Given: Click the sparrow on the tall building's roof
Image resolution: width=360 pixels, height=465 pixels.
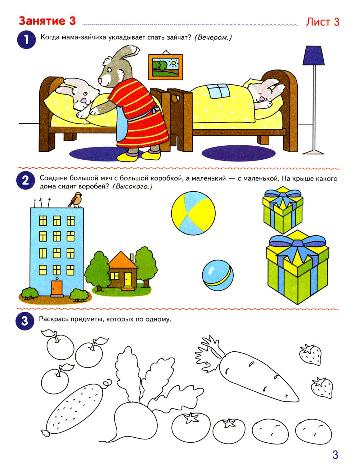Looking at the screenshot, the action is tap(75, 200).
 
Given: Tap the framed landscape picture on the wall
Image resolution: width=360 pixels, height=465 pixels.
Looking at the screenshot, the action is tap(166, 67).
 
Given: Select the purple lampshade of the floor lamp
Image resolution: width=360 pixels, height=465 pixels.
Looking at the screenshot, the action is tap(313, 55).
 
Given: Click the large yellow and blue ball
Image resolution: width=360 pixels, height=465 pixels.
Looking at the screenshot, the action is tap(193, 213).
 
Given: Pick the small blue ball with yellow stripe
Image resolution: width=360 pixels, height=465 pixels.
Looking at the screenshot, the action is tap(218, 275).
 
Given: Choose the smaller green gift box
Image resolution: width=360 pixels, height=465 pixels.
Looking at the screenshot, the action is tap(283, 210).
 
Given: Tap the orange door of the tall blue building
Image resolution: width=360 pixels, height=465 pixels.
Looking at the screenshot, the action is tap(57, 288).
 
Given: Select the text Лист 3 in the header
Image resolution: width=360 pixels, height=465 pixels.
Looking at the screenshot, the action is tap(322, 22).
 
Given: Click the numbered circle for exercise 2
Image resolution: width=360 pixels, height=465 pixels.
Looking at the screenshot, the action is tap(25, 181).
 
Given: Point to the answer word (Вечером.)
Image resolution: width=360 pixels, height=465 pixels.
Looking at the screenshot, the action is tap(213, 38).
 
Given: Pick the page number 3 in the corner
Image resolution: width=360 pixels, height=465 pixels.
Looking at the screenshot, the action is tap(335, 455).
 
